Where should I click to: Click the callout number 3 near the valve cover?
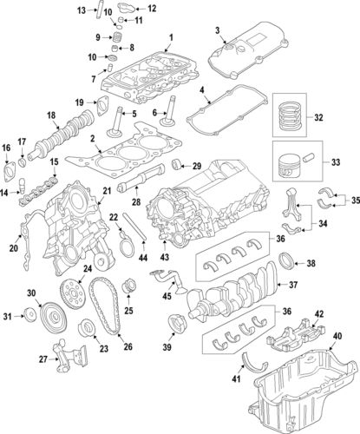tap(217, 31)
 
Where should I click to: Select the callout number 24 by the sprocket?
tap(86, 268)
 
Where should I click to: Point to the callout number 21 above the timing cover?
tap(108, 190)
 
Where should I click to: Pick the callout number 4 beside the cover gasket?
tap(201, 90)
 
